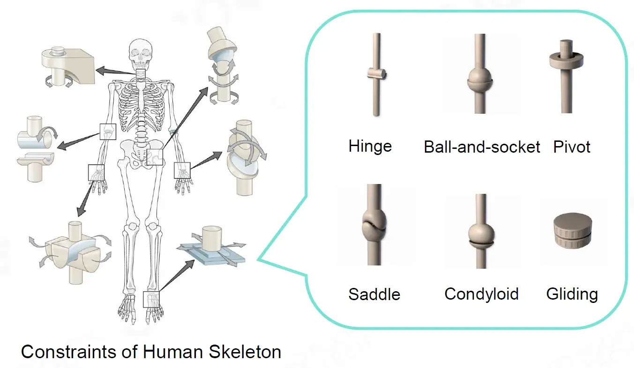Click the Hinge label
[370, 146]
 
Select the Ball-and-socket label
[482, 147]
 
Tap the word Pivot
[572, 147]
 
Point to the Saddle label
[374, 294]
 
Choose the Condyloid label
[481, 294]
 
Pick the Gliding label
[572, 294]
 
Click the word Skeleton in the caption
[245, 352]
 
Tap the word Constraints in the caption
[68, 352]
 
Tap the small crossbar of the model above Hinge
[377, 74]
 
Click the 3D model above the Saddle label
[374, 225]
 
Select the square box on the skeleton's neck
[141, 74]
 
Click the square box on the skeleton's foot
[151, 299]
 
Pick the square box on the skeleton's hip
[155, 157]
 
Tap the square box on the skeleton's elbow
[108, 132]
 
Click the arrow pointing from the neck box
[116, 71]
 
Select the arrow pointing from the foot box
[177, 275]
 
